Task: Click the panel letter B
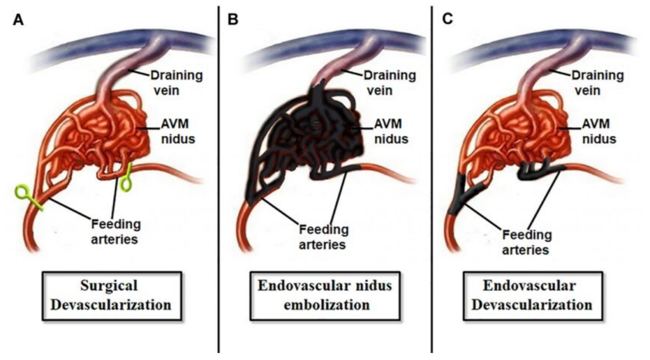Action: (x=233, y=19)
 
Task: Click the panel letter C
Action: (x=448, y=19)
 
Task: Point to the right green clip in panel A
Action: (x=126, y=178)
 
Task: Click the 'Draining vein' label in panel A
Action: (x=176, y=83)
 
